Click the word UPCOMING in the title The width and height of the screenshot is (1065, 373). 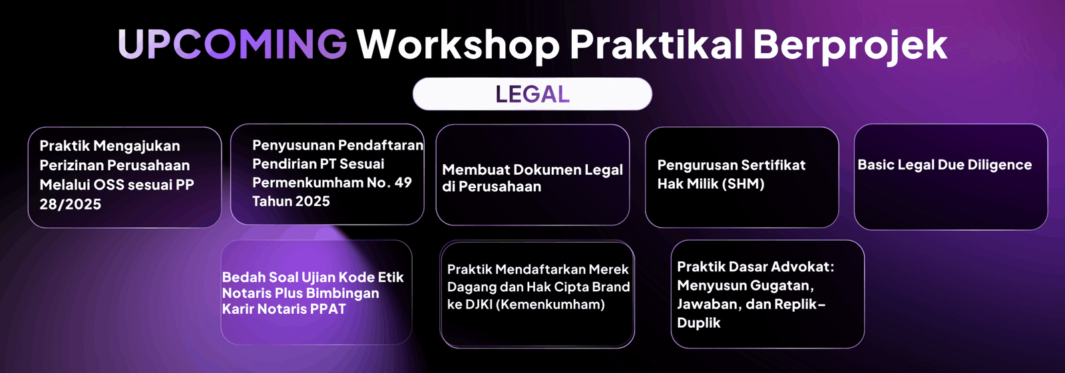click(232, 44)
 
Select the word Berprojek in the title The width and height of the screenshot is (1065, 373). click(850, 46)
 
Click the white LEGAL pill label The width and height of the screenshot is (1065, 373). click(532, 94)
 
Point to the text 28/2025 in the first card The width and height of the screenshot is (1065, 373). click(71, 204)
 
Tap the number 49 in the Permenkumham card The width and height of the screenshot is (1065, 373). click(403, 182)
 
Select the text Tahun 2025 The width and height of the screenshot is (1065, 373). click(291, 201)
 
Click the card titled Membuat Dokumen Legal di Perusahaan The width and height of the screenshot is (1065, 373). click(532, 175)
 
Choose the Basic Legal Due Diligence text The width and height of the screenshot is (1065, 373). click(945, 165)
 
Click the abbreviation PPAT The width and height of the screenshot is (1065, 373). click(328, 309)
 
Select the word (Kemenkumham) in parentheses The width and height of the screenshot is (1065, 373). click(550, 305)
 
